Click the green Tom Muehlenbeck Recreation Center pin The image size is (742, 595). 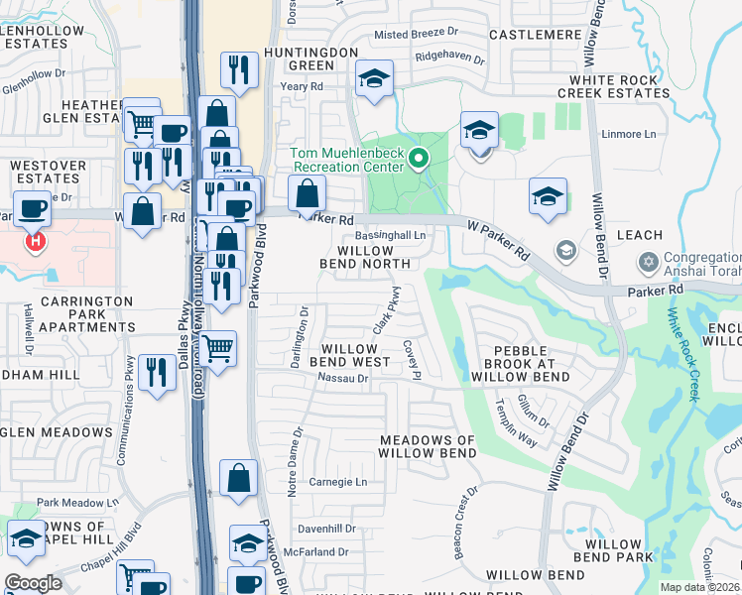[x=419, y=158]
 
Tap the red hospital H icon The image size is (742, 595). [x=36, y=240]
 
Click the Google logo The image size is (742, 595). [x=34, y=583]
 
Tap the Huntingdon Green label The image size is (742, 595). [x=309, y=58]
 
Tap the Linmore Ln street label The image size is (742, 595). [x=629, y=134]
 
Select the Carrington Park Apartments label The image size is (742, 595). [x=67, y=313]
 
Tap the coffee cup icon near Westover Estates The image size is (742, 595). [x=32, y=208]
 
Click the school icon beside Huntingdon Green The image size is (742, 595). [x=374, y=78]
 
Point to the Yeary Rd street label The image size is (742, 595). [x=302, y=87]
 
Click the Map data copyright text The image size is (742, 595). [x=699, y=587]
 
